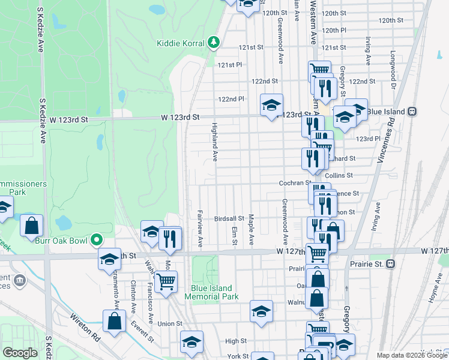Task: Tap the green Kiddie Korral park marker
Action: [213, 43]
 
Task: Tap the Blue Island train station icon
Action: [412, 111]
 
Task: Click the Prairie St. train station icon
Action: [391, 263]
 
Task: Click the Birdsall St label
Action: [229, 219]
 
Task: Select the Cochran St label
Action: [294, 182]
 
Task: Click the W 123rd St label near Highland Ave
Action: [179, 118]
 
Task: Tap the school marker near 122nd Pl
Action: [271, 106]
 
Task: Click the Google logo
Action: [20, 353]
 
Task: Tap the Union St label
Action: [170, 323]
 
